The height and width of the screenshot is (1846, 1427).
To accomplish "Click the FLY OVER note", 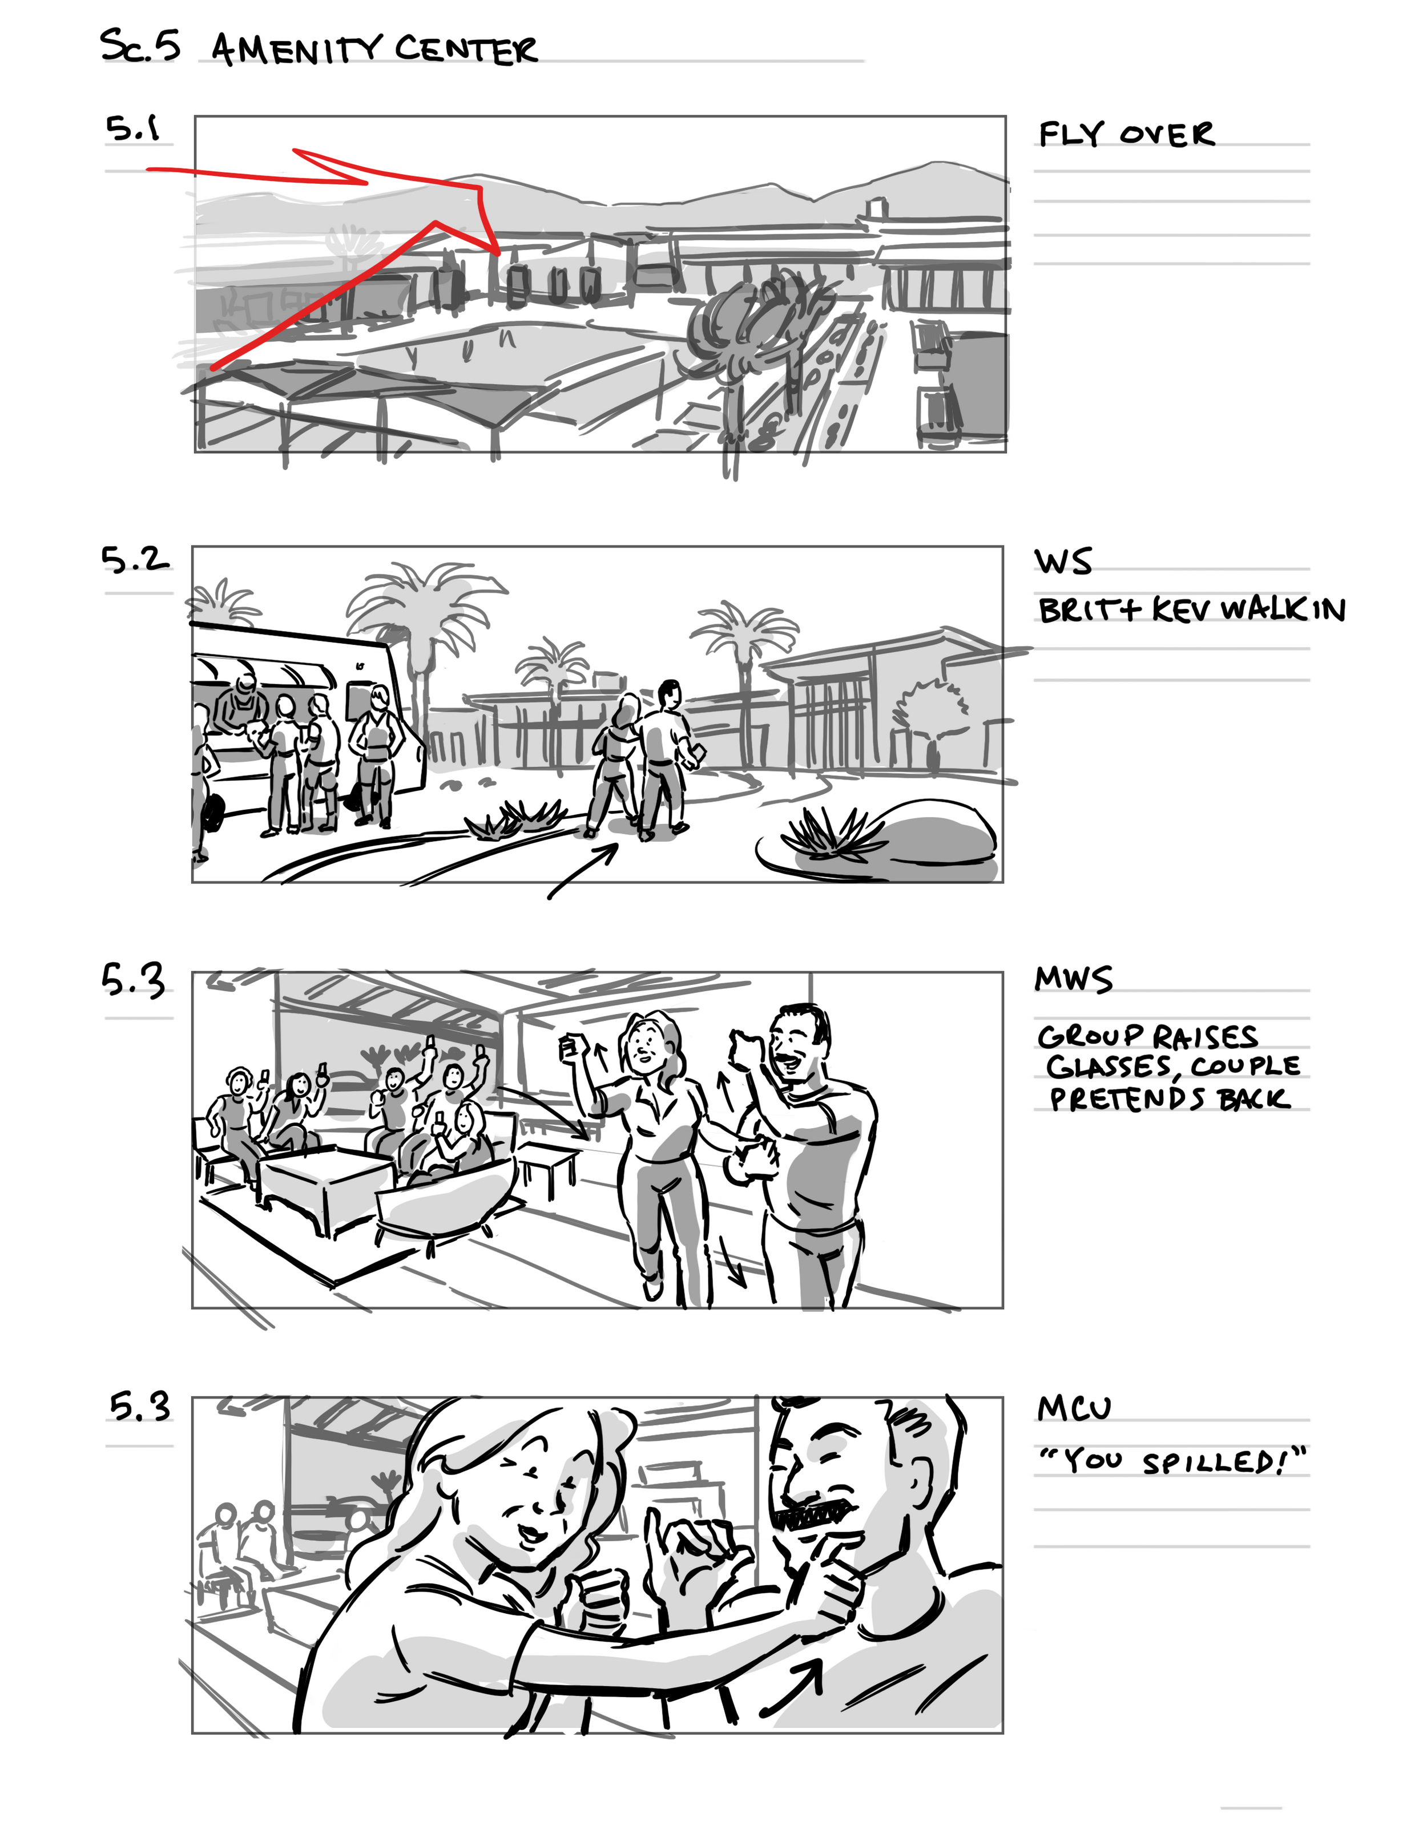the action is coord(1126,134).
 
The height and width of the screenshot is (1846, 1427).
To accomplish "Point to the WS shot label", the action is coord(1063,562).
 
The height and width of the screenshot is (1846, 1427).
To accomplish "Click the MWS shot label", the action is coord(1074,979).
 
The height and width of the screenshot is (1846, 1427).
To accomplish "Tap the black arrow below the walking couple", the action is coord(583,871).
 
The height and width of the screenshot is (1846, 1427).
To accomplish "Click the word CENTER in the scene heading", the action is coord(466,49).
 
